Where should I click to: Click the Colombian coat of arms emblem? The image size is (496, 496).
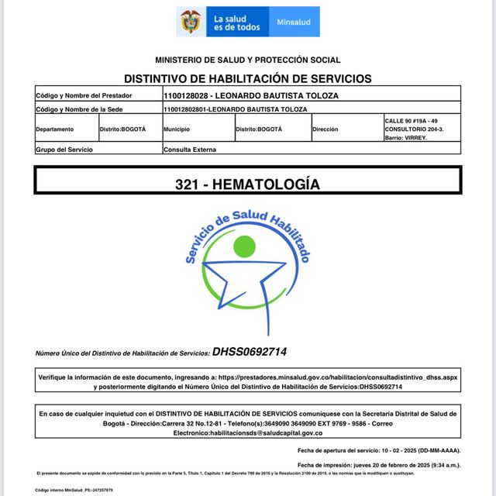tap(189, 21)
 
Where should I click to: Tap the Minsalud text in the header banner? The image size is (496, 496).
tap(294, 22)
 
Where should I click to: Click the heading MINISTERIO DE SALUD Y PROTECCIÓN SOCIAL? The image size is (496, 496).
tap(247, 60)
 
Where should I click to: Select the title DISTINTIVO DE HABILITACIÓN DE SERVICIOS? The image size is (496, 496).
tap(247, 78)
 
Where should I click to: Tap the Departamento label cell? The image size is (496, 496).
tap(55, 129)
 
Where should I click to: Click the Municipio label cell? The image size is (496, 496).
tap(177, 129)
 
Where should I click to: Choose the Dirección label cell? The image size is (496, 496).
tap(325, 129)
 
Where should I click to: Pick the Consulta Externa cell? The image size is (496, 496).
tap(190, 149)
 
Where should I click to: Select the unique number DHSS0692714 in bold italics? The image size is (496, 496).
tap(250, 352)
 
